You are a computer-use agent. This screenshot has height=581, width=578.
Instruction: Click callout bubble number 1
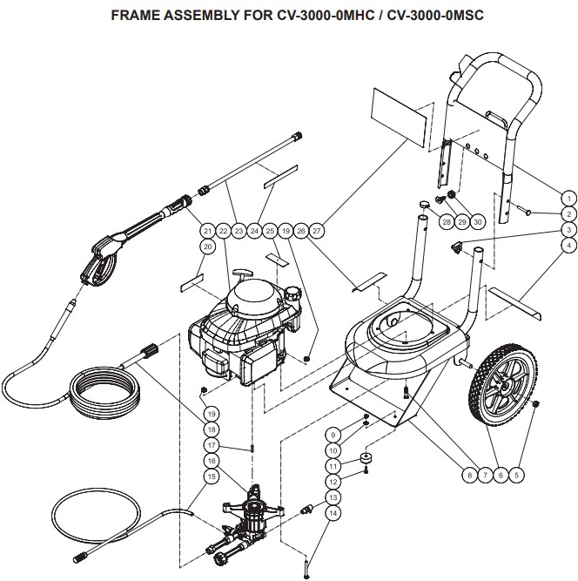567,198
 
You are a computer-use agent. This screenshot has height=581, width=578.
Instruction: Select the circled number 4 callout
567,246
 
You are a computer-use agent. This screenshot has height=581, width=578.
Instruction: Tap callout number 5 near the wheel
517,475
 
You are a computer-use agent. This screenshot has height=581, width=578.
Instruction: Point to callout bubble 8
469,475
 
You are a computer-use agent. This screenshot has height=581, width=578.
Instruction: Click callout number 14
333,514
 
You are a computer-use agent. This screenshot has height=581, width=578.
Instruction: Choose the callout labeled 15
211,476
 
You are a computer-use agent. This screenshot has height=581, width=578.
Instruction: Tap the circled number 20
207,247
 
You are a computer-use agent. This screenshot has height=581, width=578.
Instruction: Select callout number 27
318,231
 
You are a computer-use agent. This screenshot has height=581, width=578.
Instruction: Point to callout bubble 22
223,231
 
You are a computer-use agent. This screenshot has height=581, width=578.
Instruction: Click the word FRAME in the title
133,17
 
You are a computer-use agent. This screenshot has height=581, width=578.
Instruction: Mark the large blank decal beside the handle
400,118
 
